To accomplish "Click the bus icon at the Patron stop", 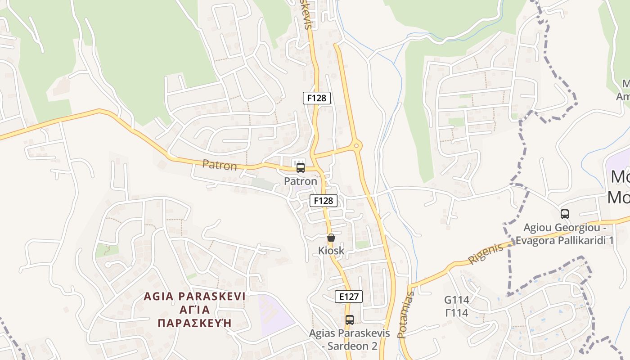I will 300,168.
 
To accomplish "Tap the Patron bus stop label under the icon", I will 300,181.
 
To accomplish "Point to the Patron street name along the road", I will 220,165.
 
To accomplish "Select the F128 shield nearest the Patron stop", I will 324,200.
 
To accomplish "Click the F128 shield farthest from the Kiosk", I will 317,98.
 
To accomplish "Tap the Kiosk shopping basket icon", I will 331,238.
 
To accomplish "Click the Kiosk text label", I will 331,251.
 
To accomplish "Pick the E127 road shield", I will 349,297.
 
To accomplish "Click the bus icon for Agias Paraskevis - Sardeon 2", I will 350,320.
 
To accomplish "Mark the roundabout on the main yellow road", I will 357,145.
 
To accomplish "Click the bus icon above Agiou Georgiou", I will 565,214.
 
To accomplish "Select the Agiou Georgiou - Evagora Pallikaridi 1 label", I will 564,234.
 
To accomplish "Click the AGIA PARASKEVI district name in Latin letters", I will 194,297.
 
